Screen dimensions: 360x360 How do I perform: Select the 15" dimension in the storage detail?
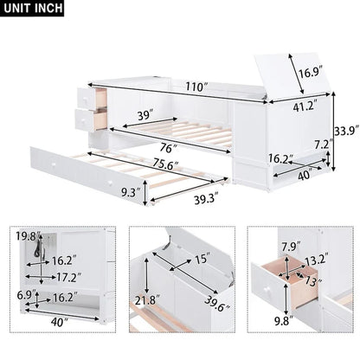tap(202, 259)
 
